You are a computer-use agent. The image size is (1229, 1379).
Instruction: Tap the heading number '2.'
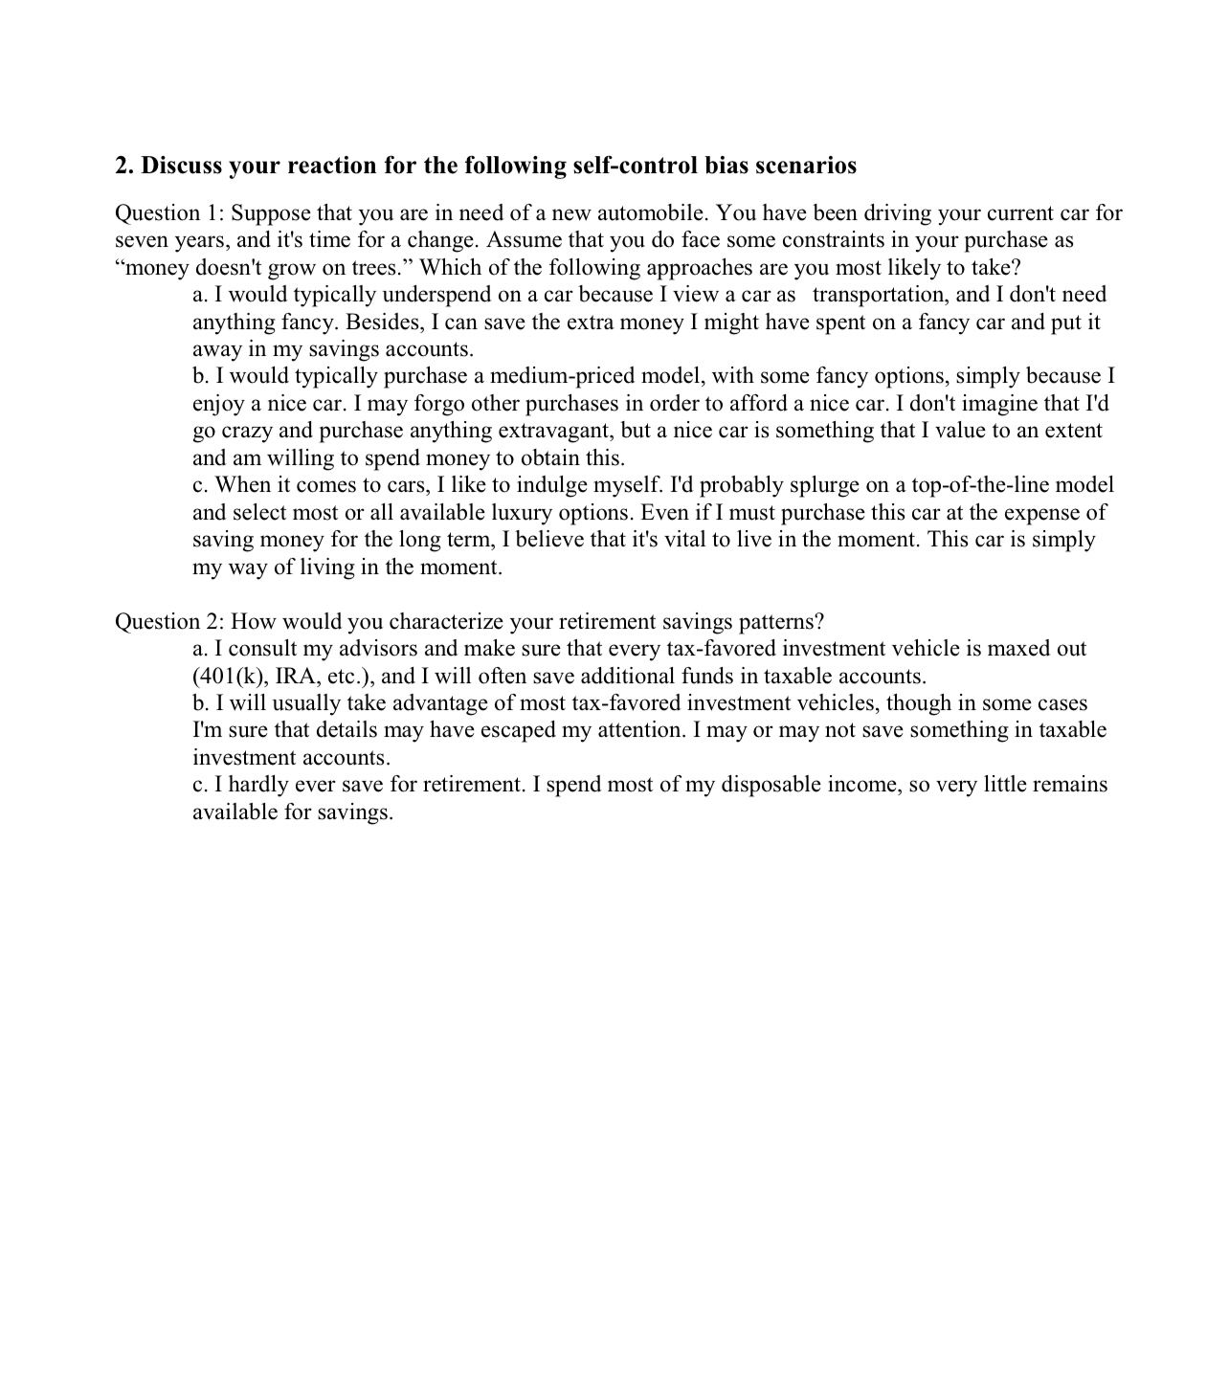[x=125, y=166]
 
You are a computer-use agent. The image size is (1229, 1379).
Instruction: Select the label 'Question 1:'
[x=169, y=212]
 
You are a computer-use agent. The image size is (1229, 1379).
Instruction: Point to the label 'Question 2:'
[x=169, y=622]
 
